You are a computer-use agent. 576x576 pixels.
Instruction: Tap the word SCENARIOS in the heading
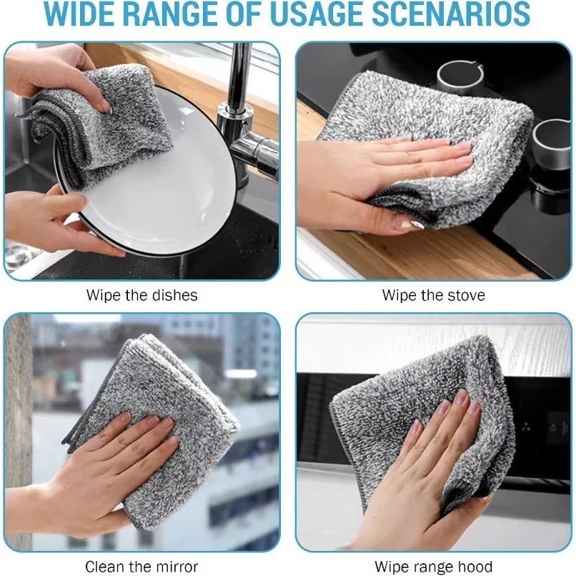pos(451,14)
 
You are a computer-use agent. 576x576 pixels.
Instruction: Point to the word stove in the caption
pos(466,295)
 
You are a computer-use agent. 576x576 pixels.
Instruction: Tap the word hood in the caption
pos(475,567)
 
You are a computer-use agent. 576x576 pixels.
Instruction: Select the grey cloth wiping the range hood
pos(422,422)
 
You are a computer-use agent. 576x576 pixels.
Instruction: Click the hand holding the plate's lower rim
pos(55,220)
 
